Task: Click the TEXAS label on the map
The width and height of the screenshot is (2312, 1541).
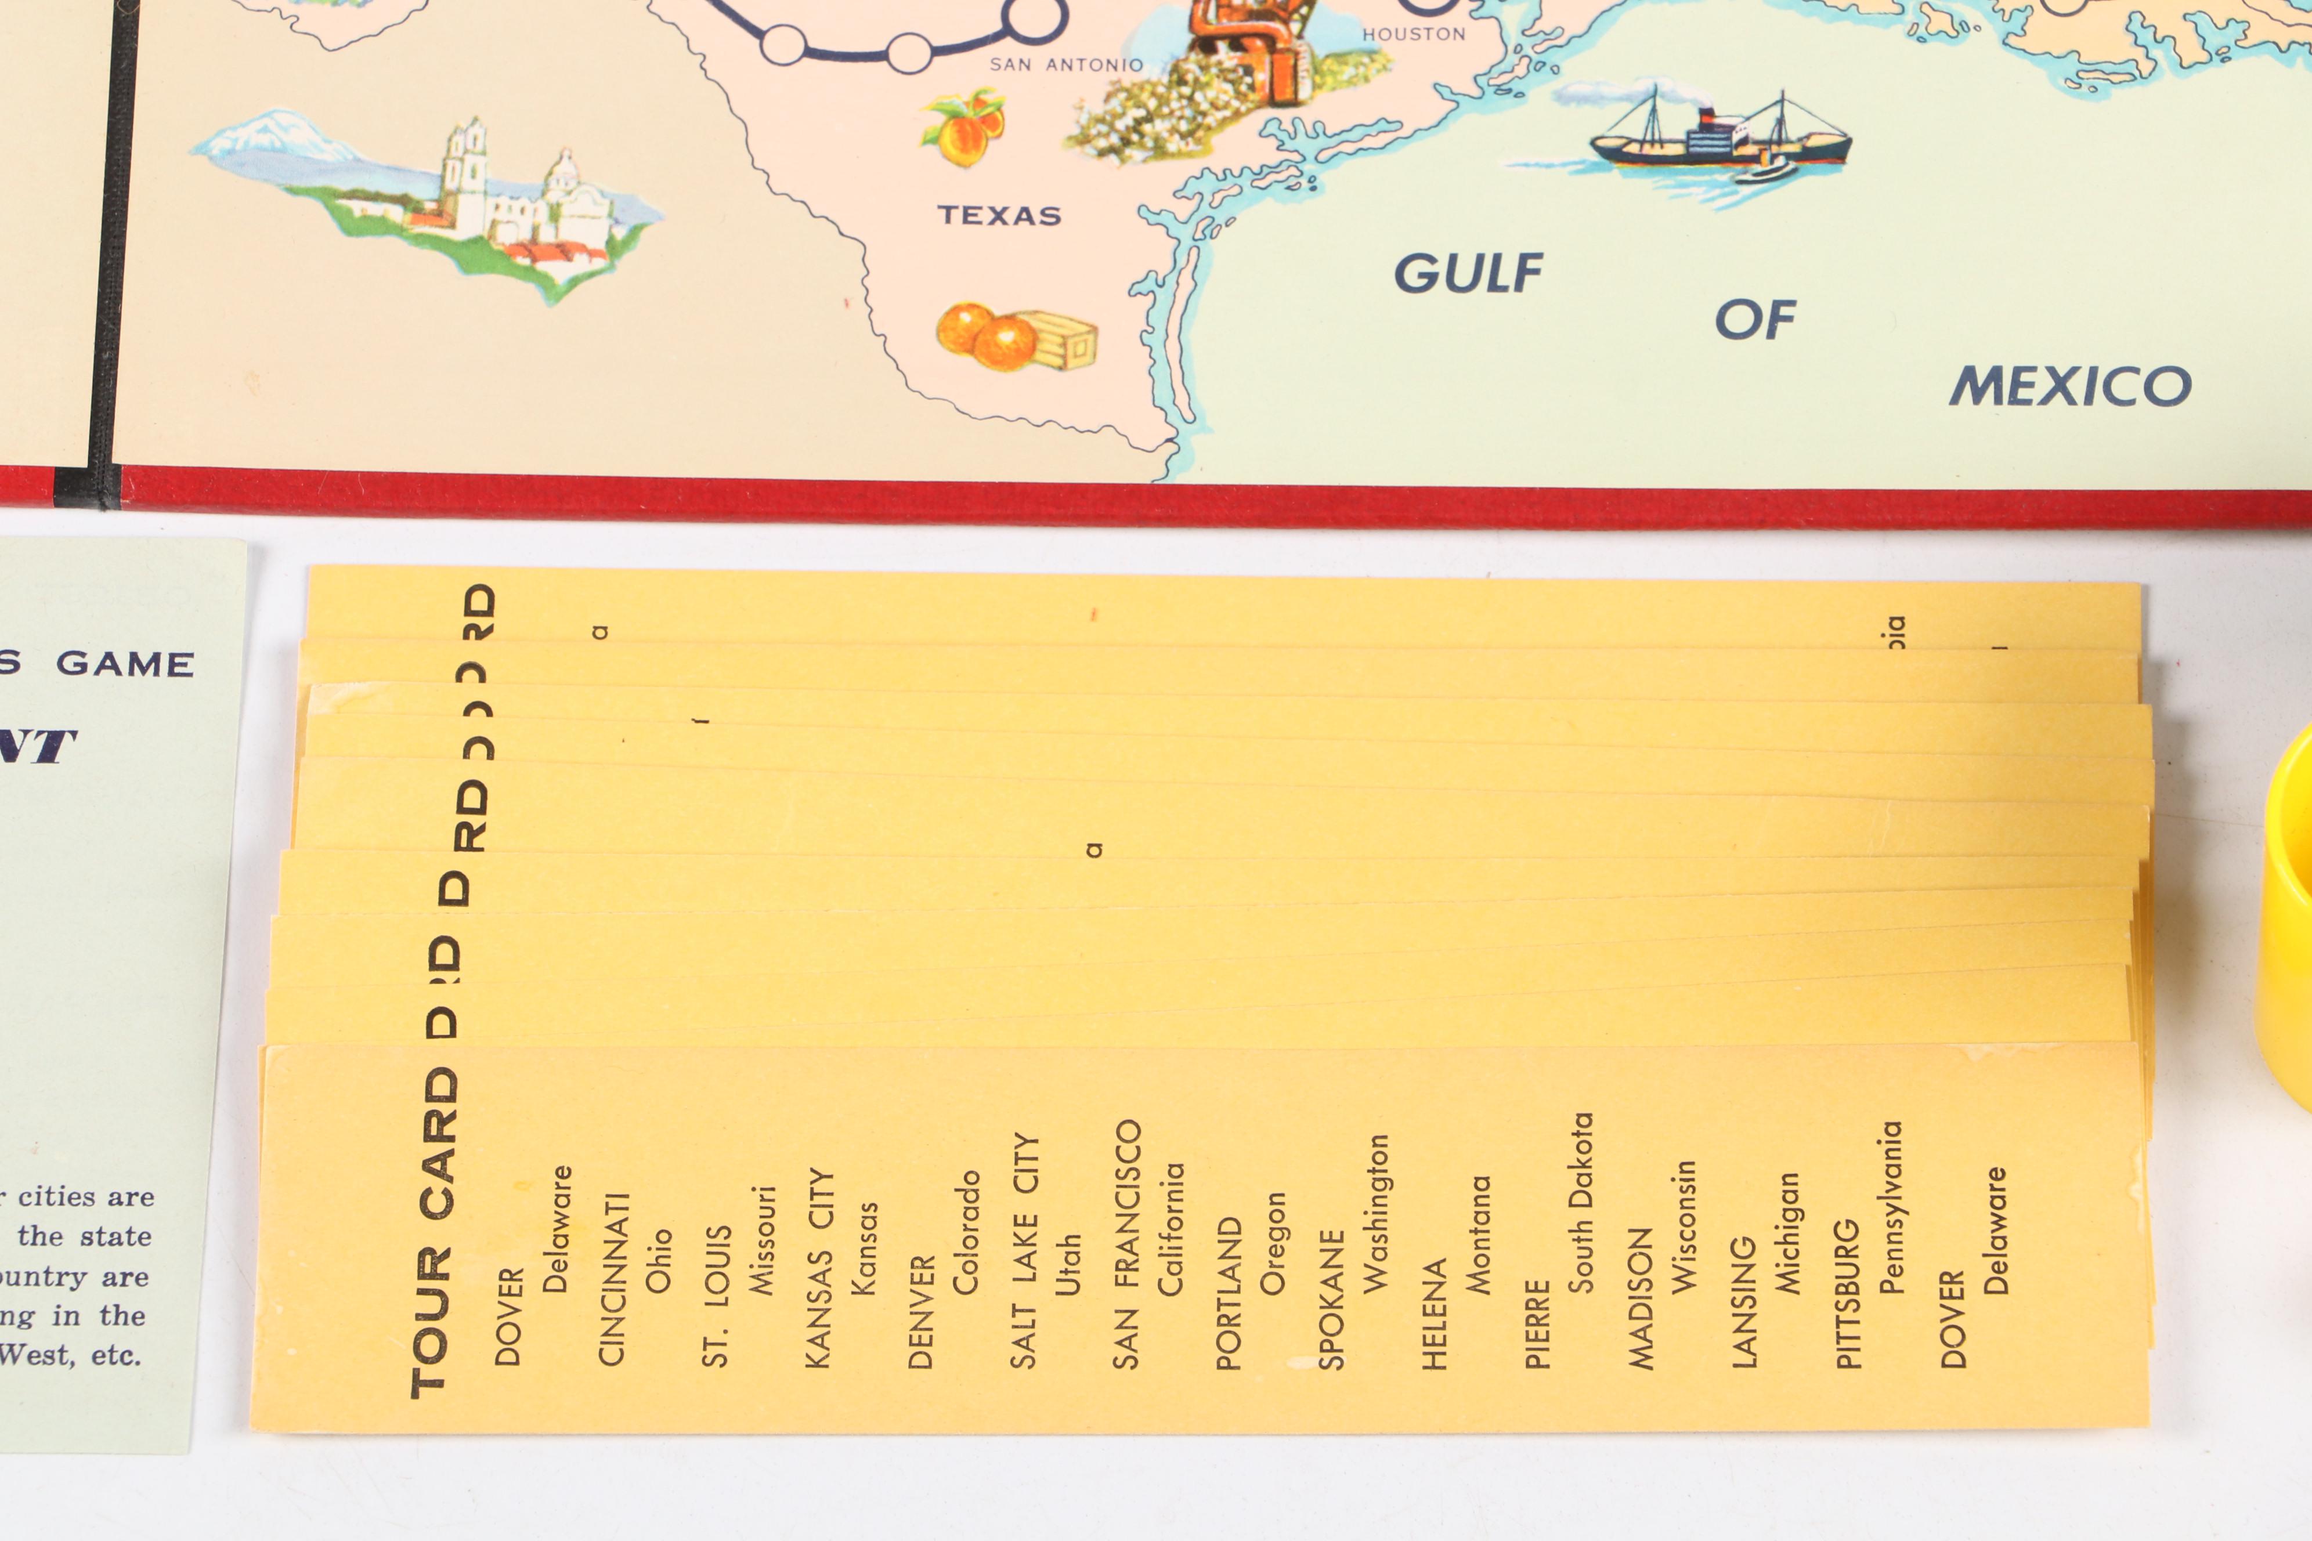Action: click(x=999, y=215)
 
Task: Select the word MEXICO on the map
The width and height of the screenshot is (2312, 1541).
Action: click(x=2070, y=386)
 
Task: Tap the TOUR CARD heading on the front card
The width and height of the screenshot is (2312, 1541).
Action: click(x=435, y=1233)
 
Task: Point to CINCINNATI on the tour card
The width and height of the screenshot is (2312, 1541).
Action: click(x=612, y=1279)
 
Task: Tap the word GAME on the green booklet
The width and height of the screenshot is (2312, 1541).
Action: click(x=125, y=664)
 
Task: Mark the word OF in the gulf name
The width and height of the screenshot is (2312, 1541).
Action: click(x=1755, y=320)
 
